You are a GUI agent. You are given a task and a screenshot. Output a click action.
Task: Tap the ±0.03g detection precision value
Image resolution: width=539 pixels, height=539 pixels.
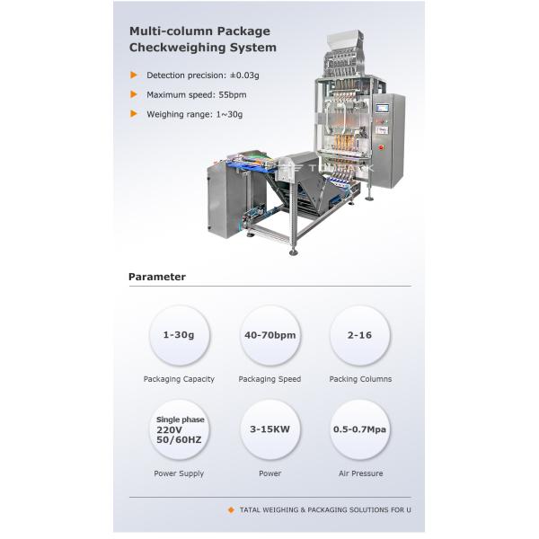tap(244, 75)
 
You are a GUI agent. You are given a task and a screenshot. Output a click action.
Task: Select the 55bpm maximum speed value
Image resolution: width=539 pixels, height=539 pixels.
tap(233, 95)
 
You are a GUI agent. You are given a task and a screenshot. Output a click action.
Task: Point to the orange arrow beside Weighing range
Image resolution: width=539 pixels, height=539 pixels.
tap(134, 114)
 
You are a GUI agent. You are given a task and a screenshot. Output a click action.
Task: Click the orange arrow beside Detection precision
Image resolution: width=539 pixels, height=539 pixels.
tap(134, 75)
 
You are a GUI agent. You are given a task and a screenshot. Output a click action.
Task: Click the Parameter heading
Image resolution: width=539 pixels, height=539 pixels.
tap(157, 277)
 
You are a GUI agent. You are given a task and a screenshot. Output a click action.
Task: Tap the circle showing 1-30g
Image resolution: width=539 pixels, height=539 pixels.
tap(179, 335)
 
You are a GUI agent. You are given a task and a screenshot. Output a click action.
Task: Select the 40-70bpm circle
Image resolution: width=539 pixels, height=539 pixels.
tap(269, 335)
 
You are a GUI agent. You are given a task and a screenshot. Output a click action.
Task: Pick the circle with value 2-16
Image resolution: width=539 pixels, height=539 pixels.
tap(360, 335)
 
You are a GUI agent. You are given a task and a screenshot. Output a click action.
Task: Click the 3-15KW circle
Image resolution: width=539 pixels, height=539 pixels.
tap(269, 429)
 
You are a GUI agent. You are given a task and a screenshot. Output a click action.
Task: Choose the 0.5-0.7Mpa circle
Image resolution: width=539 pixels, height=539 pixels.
tap(360, 429)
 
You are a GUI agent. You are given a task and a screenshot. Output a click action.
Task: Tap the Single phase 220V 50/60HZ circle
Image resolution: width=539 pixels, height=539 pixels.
tap(179, 429)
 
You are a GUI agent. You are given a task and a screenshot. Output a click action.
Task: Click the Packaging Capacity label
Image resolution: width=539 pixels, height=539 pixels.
tap(179, 379)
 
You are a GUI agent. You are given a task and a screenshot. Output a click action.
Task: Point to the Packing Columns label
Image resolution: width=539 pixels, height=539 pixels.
tap(360, 379)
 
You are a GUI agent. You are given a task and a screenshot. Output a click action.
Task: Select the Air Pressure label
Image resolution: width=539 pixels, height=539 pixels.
tap(360, 473)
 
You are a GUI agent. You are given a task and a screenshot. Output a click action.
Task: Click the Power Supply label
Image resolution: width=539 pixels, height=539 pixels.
tap(179, 473)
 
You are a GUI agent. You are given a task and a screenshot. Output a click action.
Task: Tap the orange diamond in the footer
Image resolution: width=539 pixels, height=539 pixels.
tap(232, 509)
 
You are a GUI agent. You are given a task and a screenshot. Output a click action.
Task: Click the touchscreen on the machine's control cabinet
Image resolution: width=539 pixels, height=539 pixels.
tap(382, 108)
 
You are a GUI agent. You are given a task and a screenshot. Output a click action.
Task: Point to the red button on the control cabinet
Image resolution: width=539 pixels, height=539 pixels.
tap(381, 147)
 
